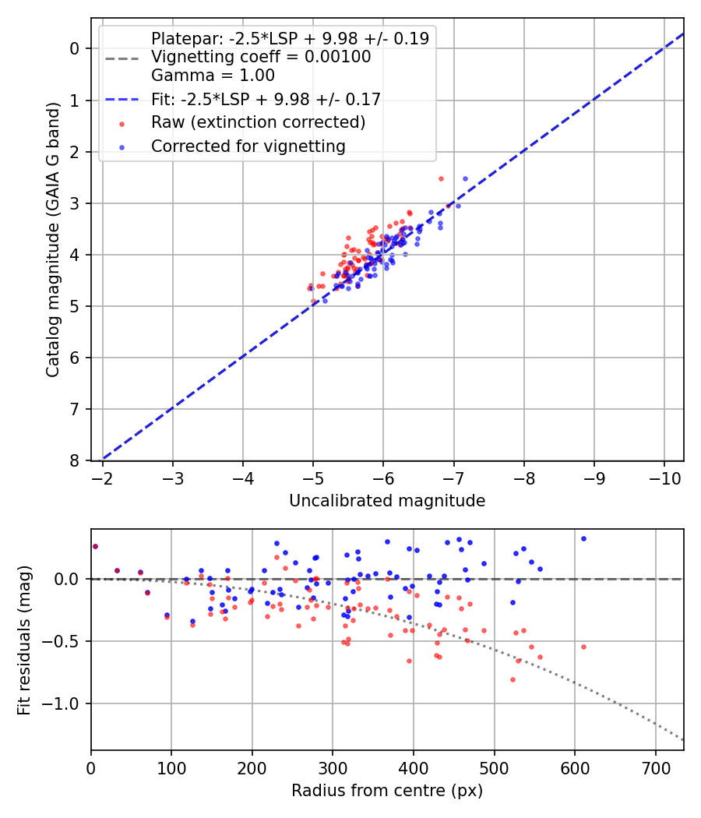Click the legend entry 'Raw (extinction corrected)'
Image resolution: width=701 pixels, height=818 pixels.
(258, 122)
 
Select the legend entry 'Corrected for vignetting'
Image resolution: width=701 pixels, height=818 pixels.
(248, 146)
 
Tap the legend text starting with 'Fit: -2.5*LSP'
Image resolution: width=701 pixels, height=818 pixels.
(266, 99)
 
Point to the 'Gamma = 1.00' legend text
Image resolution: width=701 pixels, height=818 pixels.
(213, 76)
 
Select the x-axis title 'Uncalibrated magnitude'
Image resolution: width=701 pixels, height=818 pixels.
(387, 501)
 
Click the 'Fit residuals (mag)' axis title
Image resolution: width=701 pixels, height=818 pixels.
(24, 640)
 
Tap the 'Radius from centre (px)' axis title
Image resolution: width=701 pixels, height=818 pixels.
(387, 791)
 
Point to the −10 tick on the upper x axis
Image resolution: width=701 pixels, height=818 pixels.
(664, 476)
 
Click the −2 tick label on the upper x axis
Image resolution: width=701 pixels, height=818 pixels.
(103, 476)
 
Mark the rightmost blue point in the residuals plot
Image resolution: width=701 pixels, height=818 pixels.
(583, 538)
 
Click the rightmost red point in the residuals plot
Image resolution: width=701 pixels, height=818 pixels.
(583, 647)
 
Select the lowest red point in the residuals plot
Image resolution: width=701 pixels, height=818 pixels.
(513, 679)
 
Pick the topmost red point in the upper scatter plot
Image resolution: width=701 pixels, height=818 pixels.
(441, 178)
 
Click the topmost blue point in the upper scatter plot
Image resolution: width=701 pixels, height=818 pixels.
(466, 178)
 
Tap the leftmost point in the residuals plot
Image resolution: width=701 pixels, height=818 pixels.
(95, 546)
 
